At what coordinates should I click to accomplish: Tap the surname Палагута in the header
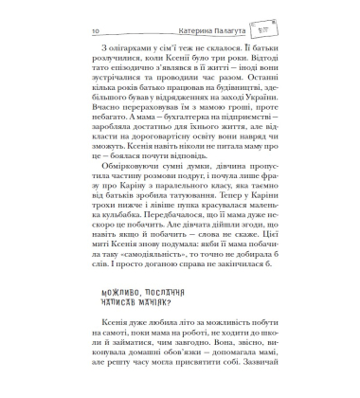pos(196,30)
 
